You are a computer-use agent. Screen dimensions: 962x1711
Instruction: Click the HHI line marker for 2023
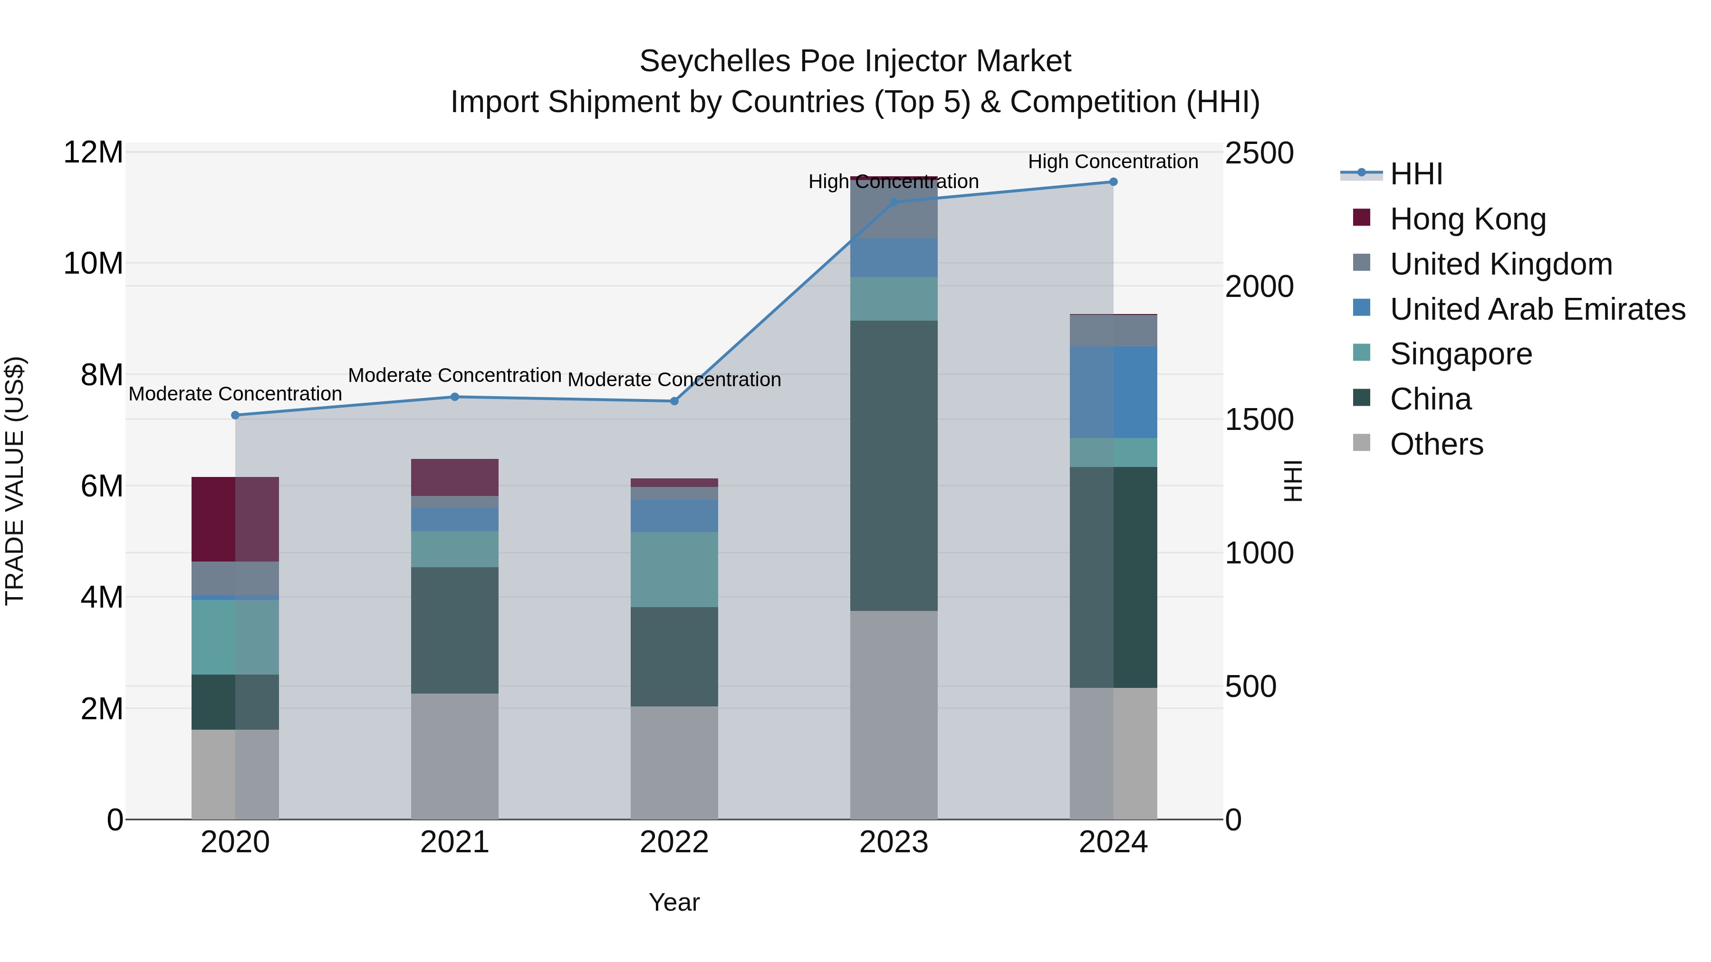[894, 202]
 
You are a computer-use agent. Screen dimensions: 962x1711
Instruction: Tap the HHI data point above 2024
[1113, 182]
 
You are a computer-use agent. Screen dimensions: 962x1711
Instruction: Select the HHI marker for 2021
[455, 397]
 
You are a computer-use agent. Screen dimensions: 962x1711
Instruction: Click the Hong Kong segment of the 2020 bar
[235, 519]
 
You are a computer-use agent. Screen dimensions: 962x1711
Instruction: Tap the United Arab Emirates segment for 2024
[1113, 392]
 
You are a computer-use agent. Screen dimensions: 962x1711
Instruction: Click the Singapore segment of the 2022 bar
[674, 569]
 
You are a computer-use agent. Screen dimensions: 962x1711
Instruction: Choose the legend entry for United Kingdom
[1501, 264]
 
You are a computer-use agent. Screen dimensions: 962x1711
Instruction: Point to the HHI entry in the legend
[1416, 174]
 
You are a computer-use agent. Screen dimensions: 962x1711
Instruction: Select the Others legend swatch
[1362, 443]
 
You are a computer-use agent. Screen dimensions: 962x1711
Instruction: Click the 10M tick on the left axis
[93, 264]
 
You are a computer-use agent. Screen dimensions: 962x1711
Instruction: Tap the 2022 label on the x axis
[674, 842]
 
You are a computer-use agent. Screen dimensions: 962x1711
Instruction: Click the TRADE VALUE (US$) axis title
[15, 481]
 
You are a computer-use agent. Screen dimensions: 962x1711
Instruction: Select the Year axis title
[674, 902]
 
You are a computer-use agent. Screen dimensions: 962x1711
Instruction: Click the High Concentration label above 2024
[1113, 162]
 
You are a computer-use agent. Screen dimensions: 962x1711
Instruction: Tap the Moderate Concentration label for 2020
[235, 394]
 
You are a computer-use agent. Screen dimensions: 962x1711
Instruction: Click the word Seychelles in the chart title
[715, 61]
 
